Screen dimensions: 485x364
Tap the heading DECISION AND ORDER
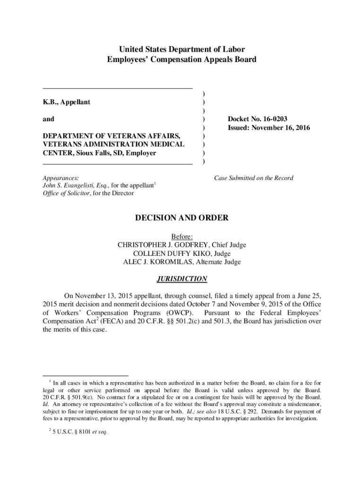(x=182, y=218)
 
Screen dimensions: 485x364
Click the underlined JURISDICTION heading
(x=182, y=279)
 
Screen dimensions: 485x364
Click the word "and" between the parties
(x=49, y=119)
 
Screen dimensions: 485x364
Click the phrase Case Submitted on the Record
(x=253, y=178)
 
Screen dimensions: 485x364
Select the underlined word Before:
(x=182, y=236)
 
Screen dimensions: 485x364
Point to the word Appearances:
(x=61, y=178)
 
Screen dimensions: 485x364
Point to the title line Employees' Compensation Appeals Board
(x=182, y=60)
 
